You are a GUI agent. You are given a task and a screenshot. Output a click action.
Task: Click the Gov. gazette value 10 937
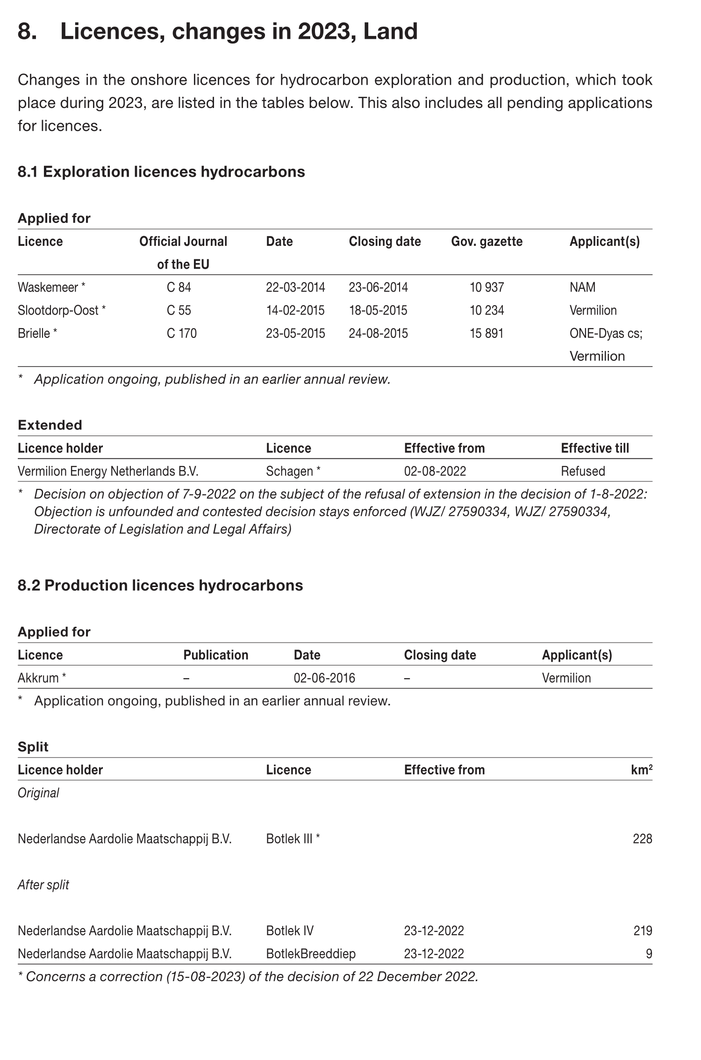[486, 287]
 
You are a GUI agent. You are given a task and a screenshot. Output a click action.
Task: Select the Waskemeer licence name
[48, 287]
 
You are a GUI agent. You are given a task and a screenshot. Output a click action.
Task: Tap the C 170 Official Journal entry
[181, 333]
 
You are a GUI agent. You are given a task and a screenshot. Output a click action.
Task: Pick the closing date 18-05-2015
[378, 310]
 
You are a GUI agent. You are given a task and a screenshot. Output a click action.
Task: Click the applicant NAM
[582, 287]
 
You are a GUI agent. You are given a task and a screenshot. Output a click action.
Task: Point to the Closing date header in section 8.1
[385, 242]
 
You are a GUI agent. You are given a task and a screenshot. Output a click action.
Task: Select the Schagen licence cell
[289, 471]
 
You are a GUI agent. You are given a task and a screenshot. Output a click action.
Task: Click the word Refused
[583, 471]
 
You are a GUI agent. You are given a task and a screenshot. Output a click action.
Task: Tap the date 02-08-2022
[435, 471]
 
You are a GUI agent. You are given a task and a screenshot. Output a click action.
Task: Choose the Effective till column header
[594, 448]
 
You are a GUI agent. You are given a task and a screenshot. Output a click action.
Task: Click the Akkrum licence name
[38, 678]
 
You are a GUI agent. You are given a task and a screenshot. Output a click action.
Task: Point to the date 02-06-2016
[324, 678]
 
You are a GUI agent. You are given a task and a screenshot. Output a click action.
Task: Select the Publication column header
[215, 655]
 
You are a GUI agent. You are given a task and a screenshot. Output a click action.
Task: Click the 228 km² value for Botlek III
[642, 838]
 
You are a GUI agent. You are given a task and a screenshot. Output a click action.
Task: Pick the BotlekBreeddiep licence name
[310, 953]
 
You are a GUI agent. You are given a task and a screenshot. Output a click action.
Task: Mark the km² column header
[641, 770]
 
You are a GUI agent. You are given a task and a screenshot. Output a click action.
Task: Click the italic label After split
[43, 885]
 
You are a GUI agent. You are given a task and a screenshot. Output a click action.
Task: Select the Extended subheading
[50, 425]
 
